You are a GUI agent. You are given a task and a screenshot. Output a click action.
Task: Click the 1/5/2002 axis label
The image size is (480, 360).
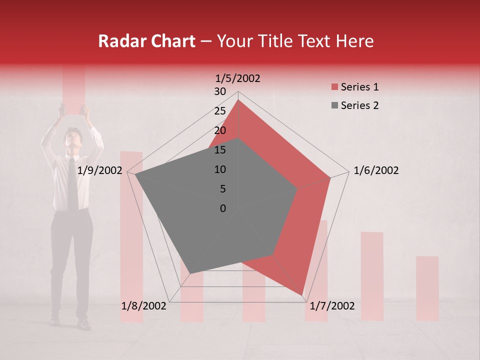click(238, 78)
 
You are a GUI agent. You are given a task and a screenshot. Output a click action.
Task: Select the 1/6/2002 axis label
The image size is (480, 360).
click(376, 170)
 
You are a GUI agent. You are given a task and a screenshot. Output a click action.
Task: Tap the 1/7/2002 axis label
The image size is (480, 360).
click(332, 306)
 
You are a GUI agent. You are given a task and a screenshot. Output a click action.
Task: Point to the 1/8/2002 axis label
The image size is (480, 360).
click(143, 306)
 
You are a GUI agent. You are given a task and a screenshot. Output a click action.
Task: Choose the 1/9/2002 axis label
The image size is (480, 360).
click(100, 170)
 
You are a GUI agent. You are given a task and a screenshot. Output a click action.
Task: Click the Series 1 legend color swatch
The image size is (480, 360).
click(334, 87)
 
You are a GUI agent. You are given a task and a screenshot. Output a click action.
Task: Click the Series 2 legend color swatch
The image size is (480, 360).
click(334, 105)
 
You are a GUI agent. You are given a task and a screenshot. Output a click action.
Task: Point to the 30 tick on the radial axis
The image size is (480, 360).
click(220, 91)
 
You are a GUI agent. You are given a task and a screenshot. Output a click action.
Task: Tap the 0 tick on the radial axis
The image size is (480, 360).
click(223, 208)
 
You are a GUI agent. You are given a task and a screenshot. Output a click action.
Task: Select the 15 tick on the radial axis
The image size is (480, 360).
click(220, 150)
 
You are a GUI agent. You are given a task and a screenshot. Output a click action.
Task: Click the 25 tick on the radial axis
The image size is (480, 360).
click(220, 111)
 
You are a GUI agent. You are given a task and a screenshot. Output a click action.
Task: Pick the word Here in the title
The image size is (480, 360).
click(355, 41)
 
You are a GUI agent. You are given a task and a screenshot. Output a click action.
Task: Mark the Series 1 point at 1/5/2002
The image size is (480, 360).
click(238, 100)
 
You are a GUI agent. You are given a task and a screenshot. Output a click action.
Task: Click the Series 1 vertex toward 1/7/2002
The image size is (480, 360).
click(302, 294)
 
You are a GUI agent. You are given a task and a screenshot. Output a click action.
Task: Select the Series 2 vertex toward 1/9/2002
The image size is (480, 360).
click(134, 174)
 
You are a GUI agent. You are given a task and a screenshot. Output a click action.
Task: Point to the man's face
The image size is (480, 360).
click(73, 137)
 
